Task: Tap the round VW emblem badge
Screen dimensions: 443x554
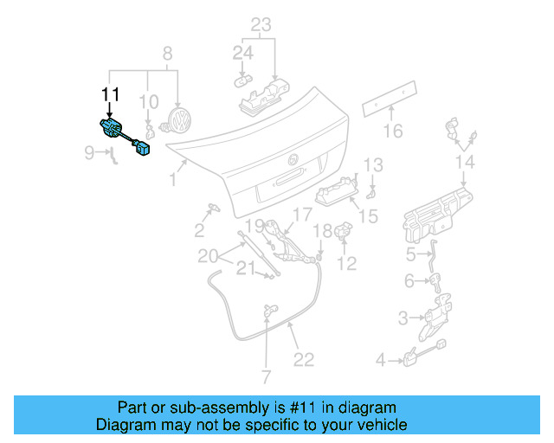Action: coord(179,120)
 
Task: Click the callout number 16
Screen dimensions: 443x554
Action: coord(393,132)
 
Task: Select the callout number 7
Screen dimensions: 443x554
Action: coord(266,376)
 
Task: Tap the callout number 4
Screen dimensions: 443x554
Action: coord(380,359)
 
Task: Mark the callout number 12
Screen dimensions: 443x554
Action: coord(346,264)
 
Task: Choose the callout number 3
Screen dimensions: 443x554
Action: coord(403,318)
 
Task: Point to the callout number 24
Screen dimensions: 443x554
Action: coord(242,54)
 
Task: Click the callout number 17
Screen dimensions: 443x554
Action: coord(301,214)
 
